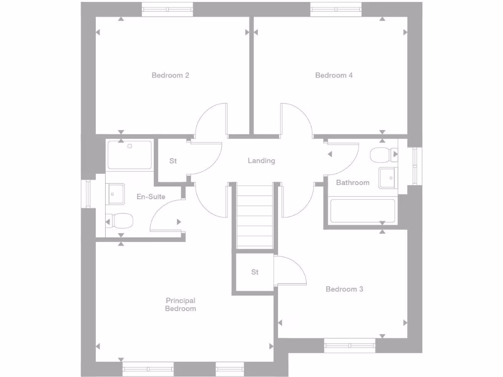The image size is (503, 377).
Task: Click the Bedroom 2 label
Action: click(170, 76)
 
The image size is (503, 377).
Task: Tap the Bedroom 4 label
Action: click(334, 76)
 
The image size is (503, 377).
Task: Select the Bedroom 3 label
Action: click(344, 289)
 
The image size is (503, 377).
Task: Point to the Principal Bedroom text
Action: click(180, 304)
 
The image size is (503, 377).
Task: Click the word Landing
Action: click(261, 161)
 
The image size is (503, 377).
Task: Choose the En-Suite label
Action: click(151, 197)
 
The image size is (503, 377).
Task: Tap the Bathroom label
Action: click(353, 183)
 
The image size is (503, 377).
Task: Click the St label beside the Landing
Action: click(173, 161)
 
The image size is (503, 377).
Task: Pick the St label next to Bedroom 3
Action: click(254, 272)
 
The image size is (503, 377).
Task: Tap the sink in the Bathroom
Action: click(388, 177)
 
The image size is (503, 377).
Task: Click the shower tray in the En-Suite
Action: click(130, 155)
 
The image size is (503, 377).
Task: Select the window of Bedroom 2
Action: click(168, 9)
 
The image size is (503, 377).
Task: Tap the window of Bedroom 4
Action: click(336, 9)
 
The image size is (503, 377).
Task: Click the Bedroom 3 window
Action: click(350, 346)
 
